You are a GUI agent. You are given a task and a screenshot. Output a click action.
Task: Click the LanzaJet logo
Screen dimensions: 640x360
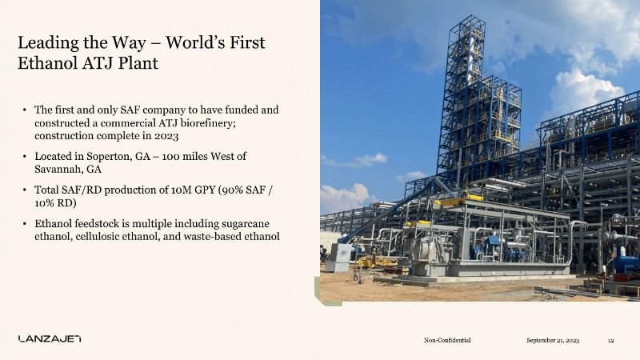pos(50,338)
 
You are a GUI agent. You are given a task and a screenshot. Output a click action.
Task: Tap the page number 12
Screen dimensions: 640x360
pos(611,341)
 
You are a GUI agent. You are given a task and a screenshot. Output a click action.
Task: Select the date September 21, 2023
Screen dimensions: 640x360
pos(553,340)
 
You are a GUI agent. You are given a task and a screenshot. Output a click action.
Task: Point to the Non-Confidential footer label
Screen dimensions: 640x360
pos(447,340)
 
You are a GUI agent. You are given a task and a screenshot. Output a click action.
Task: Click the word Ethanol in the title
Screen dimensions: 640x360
pos(46,63)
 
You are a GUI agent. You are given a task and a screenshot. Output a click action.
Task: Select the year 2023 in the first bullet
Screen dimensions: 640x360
pos(166,136)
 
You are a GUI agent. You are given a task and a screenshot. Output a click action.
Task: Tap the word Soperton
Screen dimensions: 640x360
pos(110,157)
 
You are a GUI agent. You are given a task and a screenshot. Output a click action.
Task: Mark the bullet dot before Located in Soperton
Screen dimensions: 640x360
pos(25,157)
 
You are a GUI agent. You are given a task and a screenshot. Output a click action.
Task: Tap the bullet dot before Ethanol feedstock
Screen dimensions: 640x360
pos(25,224)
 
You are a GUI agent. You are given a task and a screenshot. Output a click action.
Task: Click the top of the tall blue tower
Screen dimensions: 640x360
pos(468,16)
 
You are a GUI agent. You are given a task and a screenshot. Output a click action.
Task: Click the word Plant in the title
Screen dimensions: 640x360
pos(138,63)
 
